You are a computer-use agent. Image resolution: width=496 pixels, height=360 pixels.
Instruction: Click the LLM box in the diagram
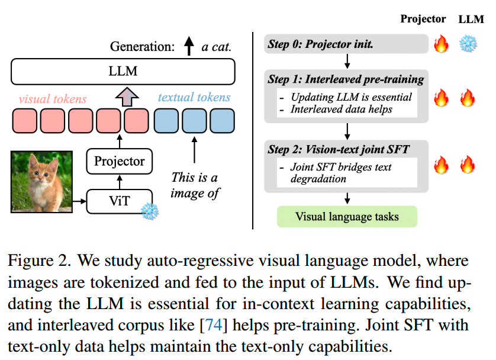(x=123, y=71)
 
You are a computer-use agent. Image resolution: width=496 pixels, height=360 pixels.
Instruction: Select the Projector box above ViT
(x=120, y=160)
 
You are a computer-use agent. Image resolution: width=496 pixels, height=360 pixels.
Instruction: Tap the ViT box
(x=119, y=201)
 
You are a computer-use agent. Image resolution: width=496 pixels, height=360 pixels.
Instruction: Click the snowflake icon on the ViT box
(x=150, y=210)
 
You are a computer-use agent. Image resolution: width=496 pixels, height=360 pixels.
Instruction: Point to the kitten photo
(x=41, y=181)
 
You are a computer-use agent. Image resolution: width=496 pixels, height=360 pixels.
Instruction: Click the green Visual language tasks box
(x=347, y=216)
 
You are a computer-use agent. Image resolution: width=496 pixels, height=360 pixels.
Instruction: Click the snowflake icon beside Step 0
(x=468, y=44)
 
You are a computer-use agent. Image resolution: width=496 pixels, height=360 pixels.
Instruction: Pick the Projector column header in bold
(x=423, y=19)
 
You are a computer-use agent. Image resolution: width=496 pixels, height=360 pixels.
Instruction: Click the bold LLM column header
(x=471, y=19)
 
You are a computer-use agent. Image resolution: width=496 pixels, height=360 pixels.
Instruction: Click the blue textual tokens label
(x=194, y=98)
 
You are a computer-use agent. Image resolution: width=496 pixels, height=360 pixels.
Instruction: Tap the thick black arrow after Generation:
(x=189, y=46)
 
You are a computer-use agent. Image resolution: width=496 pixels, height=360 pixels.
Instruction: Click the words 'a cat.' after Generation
(x=216, y=47)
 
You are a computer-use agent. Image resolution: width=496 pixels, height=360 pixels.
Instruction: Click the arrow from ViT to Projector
(x=119, y=181)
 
